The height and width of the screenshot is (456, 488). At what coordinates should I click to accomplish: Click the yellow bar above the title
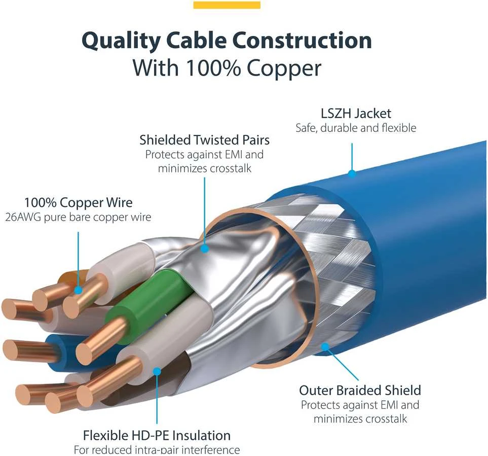[x=227, y=5]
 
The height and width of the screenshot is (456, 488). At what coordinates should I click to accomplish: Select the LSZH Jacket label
[x=356, y=114]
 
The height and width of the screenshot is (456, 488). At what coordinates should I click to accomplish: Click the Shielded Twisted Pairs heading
[x=205, y=140]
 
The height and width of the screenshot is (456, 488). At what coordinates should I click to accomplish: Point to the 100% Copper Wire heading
[x=79, y=203]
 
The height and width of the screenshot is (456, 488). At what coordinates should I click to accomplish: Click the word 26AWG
[x=23, y=217]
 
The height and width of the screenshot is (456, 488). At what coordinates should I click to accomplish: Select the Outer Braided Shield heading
[x=360, y=390]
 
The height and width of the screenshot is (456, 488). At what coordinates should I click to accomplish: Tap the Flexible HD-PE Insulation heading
[x=157, y=435]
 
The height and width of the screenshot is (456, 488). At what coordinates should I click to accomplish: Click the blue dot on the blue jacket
[x=352, y=173]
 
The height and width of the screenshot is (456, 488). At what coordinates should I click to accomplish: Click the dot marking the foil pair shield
[x=205, y=248]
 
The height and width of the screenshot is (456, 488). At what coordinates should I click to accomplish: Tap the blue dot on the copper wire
[x=79, y=290]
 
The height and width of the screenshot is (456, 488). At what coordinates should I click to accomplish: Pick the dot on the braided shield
[x=325, y=346]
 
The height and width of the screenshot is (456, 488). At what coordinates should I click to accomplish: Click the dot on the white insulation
[x=157, y=371]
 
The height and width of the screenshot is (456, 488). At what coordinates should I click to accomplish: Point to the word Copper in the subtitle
[x=284, y=68]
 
